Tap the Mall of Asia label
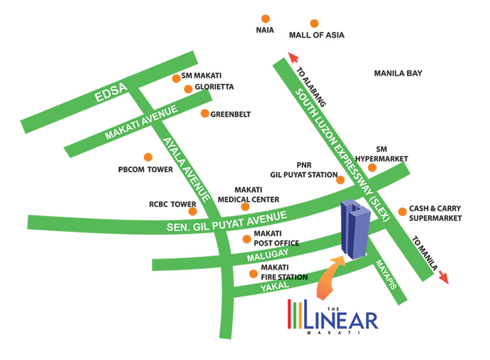(316, 35)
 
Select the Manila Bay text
(398, 74)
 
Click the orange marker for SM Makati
(176, 78)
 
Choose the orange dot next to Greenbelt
(205, 113)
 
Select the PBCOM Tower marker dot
(148, 157)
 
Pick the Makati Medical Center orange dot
(245, 207)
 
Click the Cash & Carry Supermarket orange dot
(403, 210)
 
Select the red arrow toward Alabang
(293, 57)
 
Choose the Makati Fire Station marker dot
(253, 274)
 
